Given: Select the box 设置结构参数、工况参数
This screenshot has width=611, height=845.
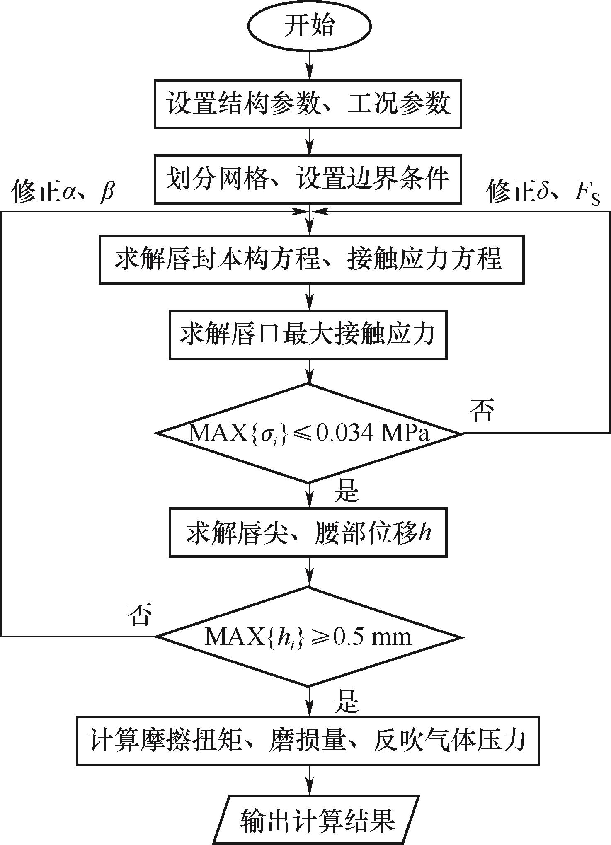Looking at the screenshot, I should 308,104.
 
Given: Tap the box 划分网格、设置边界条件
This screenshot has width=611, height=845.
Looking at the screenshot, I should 308,179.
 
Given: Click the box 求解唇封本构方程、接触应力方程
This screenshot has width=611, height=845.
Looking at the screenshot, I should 311,259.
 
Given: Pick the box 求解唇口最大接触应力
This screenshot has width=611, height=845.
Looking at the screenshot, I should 308,334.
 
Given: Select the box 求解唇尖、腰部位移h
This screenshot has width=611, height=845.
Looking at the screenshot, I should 308,532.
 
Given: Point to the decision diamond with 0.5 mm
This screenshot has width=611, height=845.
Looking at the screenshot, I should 309,636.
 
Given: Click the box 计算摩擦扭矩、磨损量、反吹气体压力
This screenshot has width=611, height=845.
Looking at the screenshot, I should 308,741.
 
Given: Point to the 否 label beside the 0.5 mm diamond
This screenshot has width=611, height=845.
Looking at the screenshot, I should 140,614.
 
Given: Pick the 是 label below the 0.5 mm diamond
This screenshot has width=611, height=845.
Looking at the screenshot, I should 346,700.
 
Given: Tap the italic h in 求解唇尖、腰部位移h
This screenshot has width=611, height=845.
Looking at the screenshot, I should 425,532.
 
